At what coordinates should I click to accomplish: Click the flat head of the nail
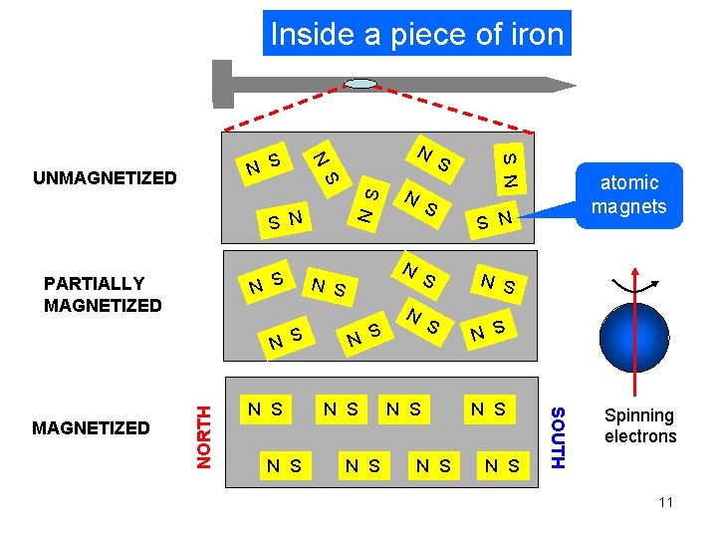222,84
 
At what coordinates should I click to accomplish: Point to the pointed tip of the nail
568,85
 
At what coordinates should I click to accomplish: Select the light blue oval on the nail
360,84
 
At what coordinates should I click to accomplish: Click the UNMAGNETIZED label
105,179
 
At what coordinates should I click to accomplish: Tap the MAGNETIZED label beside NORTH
92,428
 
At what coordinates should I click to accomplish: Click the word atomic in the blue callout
629,183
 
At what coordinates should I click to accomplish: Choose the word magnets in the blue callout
629,206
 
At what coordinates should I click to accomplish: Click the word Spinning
639,415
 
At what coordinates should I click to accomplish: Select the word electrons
639,436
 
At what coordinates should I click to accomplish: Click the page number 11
665,502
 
